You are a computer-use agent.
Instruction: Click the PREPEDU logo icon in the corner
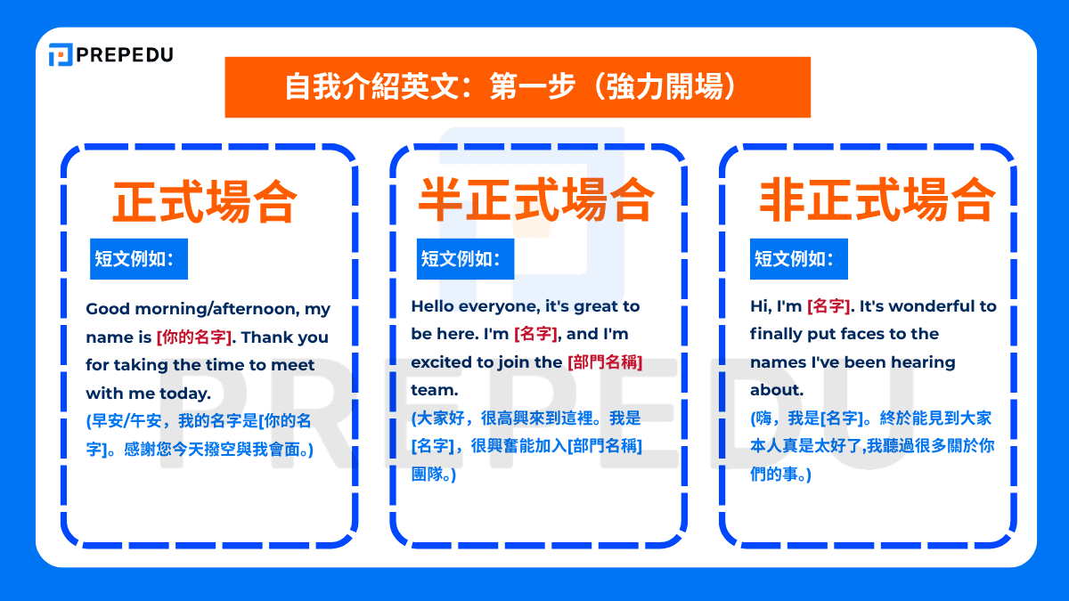(61, 54)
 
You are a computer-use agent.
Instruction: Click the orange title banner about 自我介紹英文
(518, 87)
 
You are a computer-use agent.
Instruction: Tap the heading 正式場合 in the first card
(205, 202)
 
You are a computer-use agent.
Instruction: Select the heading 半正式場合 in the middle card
(536, 199)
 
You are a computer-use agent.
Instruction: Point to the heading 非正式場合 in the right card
(877, 199)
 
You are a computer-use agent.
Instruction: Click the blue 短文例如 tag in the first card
(139, 259)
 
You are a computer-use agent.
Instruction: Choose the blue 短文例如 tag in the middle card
(465, 259)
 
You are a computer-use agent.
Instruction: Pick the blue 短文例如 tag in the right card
(799, 259)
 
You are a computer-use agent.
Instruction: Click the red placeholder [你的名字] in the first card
(194, 337)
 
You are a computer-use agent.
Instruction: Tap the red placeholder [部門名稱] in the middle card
(605, 362)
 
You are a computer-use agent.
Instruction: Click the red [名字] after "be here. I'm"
(536, 334)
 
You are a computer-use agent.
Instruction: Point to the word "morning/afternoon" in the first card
(217, 309)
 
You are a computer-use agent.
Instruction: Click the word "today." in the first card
(185, 394)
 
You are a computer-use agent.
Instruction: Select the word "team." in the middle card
(435, 390)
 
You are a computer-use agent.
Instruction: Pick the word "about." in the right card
(777, 390)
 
